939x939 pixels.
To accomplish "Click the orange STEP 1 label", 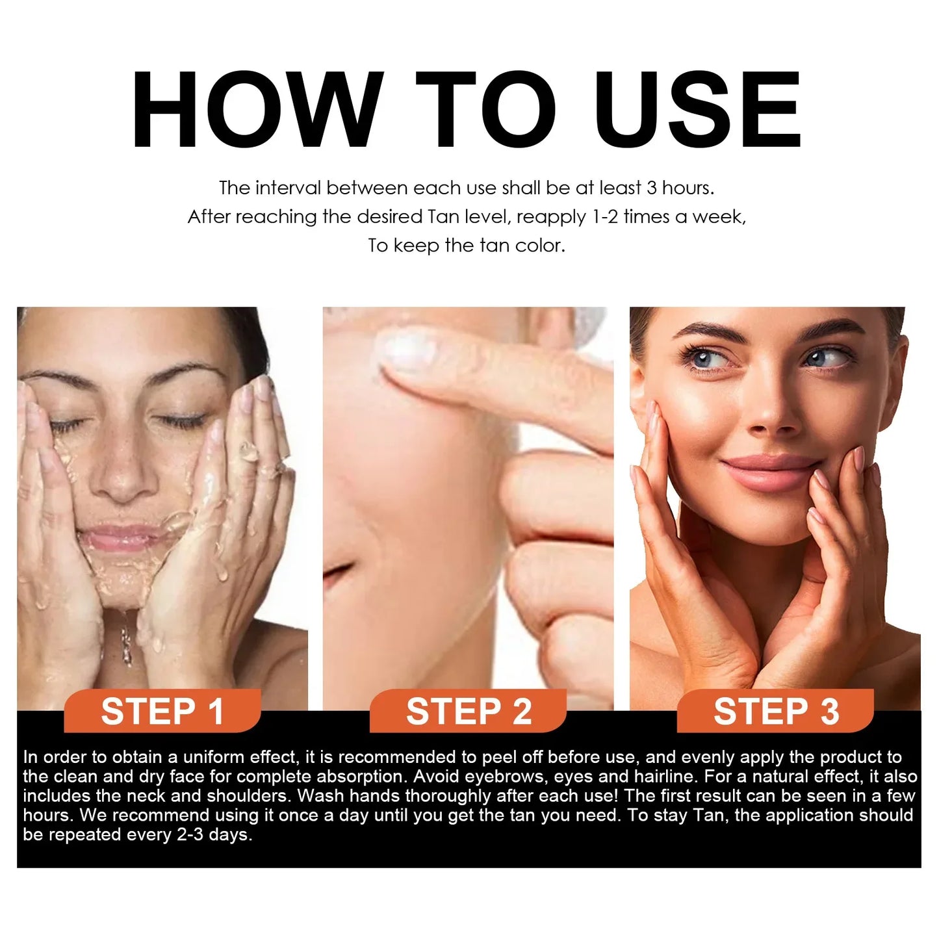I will pyautogui.click(x=162, y=712).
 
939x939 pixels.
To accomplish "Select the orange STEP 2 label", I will pyautogui.click(x=469, y=712).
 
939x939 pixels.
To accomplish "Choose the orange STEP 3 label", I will pyautogui.click(x=776, y=712).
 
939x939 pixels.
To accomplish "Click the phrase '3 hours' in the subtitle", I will pyautogui.click(x=679, y=188).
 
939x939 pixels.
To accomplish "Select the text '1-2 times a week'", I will pyautogui.click(x=669, y=217).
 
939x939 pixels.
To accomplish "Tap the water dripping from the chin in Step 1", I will pyautogui.click(x=127, y=637).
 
